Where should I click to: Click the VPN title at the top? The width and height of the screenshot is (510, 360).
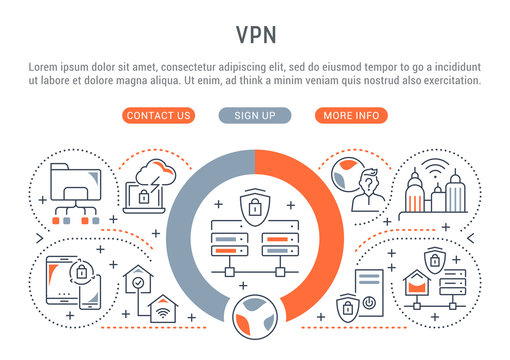pos(254,33)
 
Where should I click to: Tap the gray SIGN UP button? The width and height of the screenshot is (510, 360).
pos(254,115)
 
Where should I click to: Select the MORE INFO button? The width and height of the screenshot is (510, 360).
pos(351,115)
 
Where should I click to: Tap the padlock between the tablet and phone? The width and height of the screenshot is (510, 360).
pos(84,270)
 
